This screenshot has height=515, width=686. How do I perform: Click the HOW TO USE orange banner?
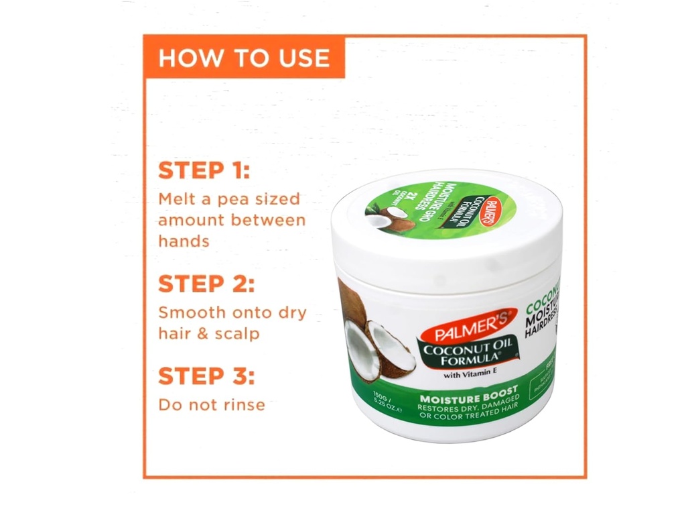tap(244, 58)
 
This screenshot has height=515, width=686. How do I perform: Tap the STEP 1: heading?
tap(204, 170)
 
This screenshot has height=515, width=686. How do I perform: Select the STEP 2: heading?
tap(206, 284)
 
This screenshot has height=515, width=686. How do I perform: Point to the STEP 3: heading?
tap(206, 376)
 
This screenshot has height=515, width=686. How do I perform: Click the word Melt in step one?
tap(176, 199)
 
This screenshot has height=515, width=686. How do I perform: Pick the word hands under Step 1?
tap(184, 241)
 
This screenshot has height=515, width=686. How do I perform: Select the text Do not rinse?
tap(211, 404)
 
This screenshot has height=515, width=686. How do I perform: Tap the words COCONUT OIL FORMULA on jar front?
tap(467, 351)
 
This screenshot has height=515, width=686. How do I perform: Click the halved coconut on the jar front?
tap(379, 347)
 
